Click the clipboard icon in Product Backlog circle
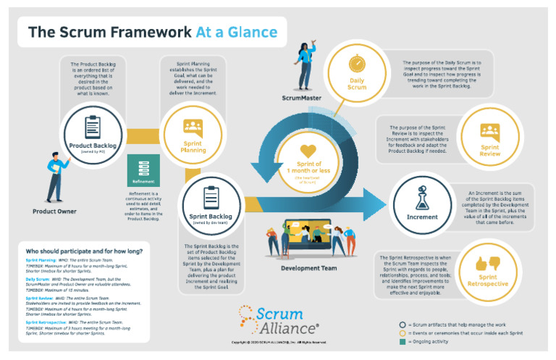(93, 127)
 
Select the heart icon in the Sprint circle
(308, 151)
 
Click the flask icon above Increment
(422, 198)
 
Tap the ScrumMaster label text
(303, 97)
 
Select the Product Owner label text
(54, 212)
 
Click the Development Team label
(309, 268)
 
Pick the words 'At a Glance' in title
(236, 32)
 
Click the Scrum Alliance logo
(278, 318)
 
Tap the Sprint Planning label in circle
(193, 147)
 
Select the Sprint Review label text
(489, 150)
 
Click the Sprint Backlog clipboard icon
(211, 197)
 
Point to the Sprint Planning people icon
(193, 127)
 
